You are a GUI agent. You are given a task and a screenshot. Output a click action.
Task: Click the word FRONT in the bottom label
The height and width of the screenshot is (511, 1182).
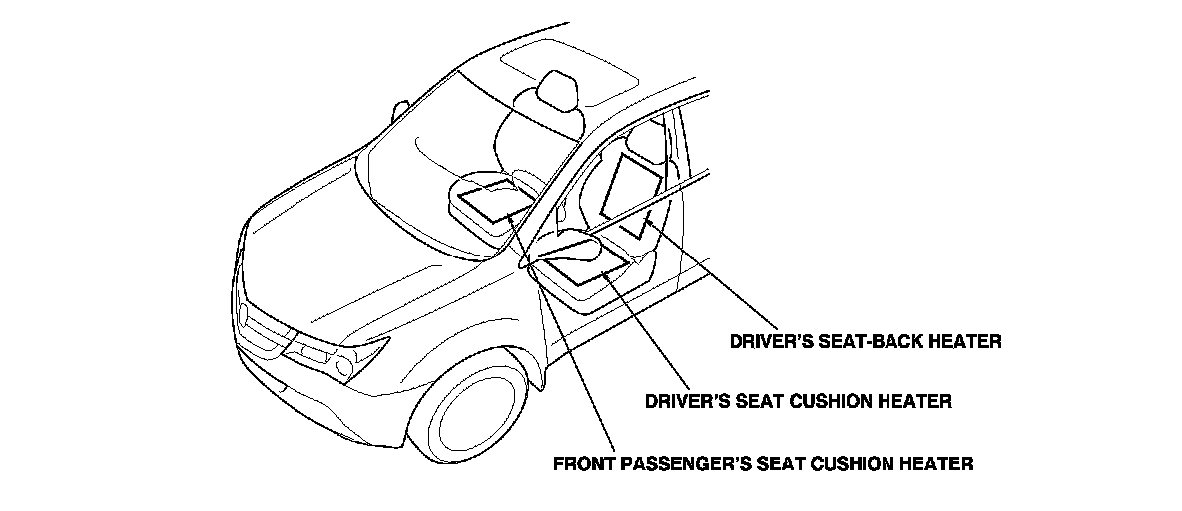pyautogui.click(x=585, y=463)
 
